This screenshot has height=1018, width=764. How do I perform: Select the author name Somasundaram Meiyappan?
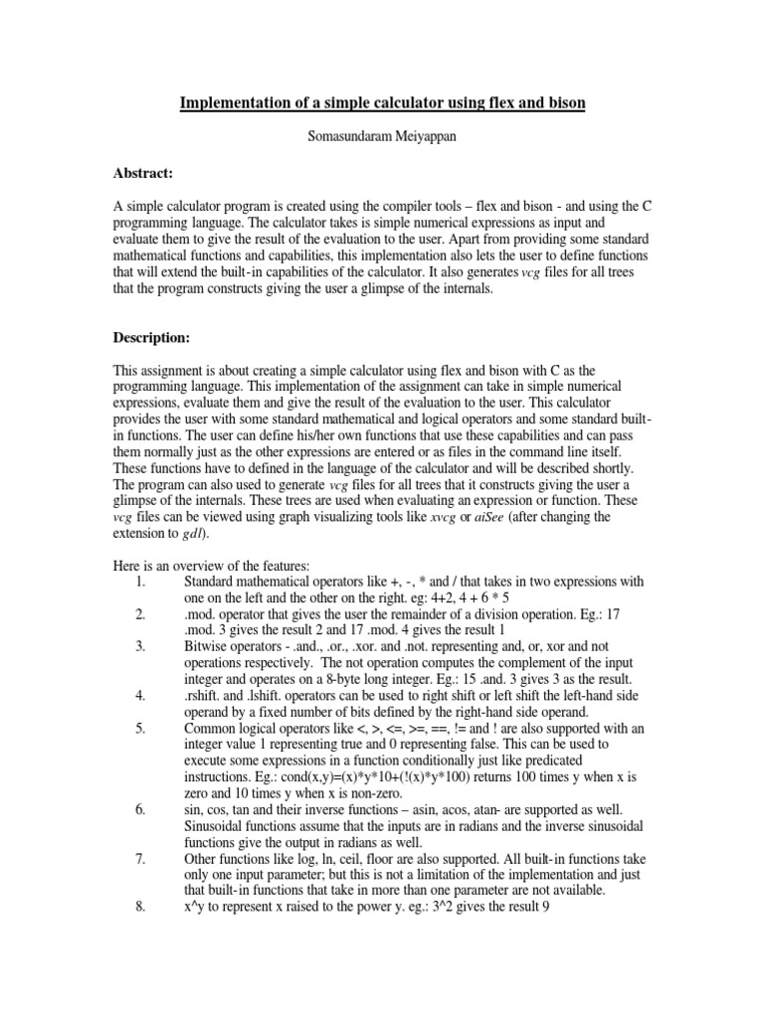pos(381,137)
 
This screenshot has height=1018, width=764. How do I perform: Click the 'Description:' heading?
pos(152,338)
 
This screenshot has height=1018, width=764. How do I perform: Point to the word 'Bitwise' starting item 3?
pos(208,645)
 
